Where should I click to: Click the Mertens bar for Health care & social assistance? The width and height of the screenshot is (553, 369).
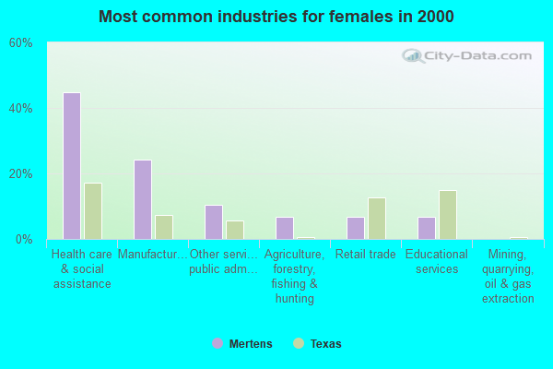(71, 166)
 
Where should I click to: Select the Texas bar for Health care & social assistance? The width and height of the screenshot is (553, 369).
(93, 211)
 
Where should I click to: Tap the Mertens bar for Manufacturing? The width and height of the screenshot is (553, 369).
(142, 199)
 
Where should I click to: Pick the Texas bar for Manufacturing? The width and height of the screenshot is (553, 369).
(164, 227)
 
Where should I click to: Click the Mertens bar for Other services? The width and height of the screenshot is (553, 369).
(213, 222)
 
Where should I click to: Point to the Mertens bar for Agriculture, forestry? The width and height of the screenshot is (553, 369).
(284, 228)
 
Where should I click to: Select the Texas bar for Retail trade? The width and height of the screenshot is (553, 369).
(377, 219)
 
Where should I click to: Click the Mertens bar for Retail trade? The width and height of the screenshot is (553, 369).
(355, 228)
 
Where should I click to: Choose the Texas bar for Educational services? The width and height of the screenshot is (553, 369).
(448, 215)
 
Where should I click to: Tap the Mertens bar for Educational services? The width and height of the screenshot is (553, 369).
(426, 228)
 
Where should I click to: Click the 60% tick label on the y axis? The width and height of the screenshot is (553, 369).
(21, 43)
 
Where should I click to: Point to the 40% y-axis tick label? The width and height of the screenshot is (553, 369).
(21, 108)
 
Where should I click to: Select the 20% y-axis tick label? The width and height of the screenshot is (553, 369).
(21, 173)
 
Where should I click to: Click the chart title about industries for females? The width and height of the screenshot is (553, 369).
(276, 17)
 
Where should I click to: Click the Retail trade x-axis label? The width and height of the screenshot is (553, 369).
(366, 255)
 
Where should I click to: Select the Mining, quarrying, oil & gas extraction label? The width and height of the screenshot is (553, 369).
(508, 276)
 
